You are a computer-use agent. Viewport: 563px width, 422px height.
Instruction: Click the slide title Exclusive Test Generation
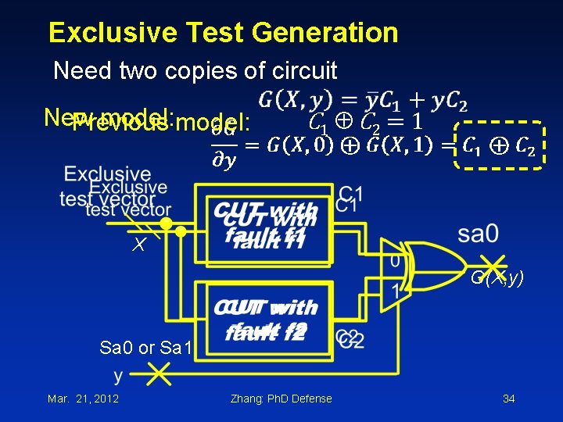[223, 33]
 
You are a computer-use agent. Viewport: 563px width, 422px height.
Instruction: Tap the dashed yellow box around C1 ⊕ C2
[499, 145]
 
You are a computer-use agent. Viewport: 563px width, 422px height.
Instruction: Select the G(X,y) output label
[497, 278]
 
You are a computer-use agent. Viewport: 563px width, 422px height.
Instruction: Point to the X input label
[138, 245]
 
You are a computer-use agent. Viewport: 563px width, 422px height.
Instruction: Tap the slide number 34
[508, 399]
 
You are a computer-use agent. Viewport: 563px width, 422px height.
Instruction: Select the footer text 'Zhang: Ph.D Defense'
[281, 399]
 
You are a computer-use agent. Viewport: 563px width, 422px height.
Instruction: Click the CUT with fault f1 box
[266, 224]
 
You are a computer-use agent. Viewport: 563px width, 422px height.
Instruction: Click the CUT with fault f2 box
[266, 319]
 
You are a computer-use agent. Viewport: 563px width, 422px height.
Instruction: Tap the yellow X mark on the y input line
[158, 377]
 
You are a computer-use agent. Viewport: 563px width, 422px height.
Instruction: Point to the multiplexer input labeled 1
[396, 292]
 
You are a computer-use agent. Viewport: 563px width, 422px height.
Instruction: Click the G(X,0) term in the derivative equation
[298, 145]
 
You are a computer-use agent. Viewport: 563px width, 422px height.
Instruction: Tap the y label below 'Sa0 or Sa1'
[118, 377]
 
